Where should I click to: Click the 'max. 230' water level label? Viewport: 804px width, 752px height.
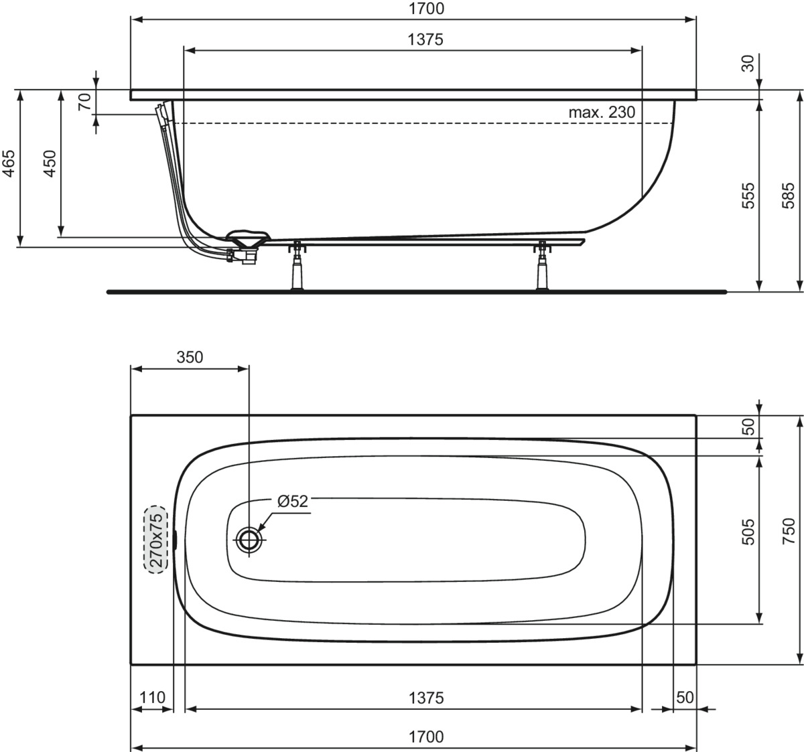coord(602,112)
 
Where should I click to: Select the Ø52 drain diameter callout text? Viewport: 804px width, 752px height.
coord(293,502)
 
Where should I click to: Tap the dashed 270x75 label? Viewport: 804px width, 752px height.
coord(156,540)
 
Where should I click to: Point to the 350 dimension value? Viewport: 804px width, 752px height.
coord(190,357)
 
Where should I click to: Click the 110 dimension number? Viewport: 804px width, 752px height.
coord(152,697)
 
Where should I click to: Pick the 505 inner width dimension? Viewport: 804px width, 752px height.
coord(748,532)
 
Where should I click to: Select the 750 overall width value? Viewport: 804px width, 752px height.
coord(789,531)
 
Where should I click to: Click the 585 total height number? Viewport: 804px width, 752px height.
coord(788,196)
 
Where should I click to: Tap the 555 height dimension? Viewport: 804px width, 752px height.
coord(748,196)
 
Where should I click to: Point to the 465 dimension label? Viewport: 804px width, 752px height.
coord(9,163)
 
